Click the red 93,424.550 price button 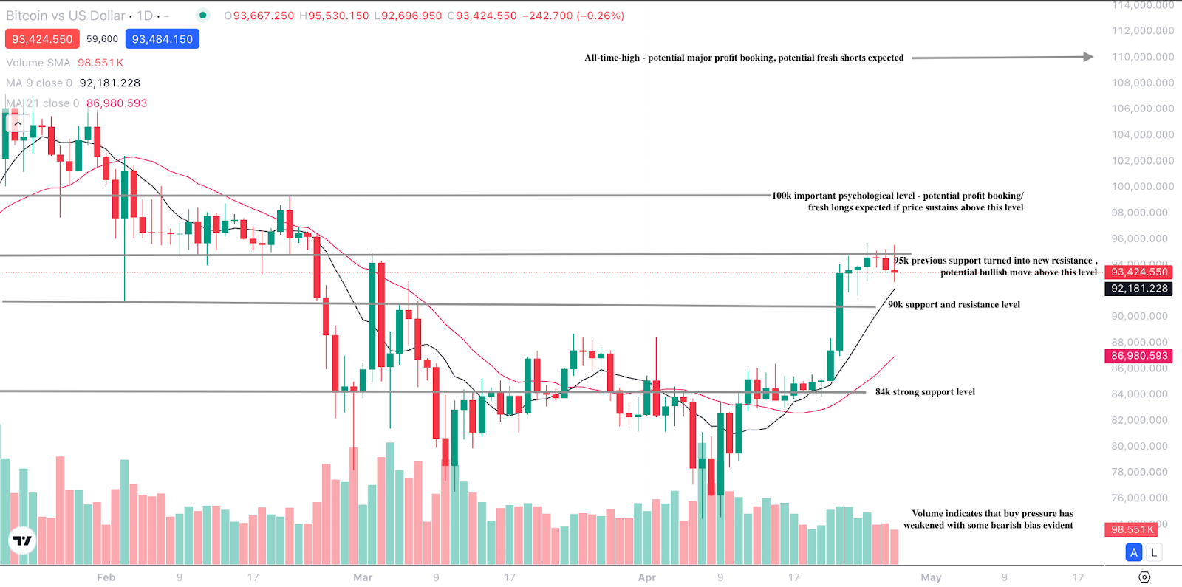click(x=42, y=39)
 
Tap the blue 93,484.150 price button click(x=163, y=39)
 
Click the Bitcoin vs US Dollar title click(x=66, y=16)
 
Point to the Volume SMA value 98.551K click(x=100, y=63)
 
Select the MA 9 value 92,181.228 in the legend click(x=109, y=83)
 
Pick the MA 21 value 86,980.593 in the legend click(x=117, y=103)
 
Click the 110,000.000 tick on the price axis click(x=1142, y=57)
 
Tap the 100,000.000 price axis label click(x=1142, y=186)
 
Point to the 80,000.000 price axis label click(x=1142, y=446)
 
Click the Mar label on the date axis click(x=363, y=577)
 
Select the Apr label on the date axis click(x=647, y=577)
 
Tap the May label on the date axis click(x=931, y=577)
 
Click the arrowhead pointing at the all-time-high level click(x=1088, y=57)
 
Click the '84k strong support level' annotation click(x=925, y=392)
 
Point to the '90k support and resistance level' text click(x=954, y=304)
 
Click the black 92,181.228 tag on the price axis click(x=1139, y=289)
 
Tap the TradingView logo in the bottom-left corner click(x=23, y=541)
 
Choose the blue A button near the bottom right click(x=1134, y=552)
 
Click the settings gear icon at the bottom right click(x=1144, y=577)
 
